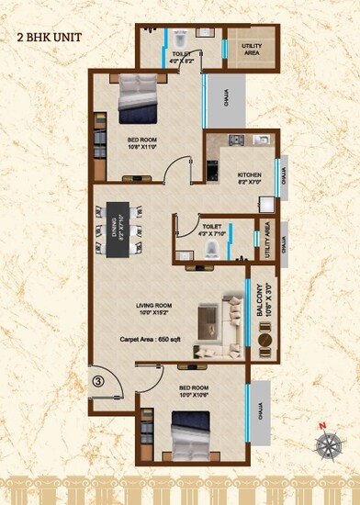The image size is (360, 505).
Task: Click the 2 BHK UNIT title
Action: (47, 38)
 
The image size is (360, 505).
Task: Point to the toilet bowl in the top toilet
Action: (180, 38)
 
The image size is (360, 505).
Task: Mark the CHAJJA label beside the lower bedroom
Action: (264, 408)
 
